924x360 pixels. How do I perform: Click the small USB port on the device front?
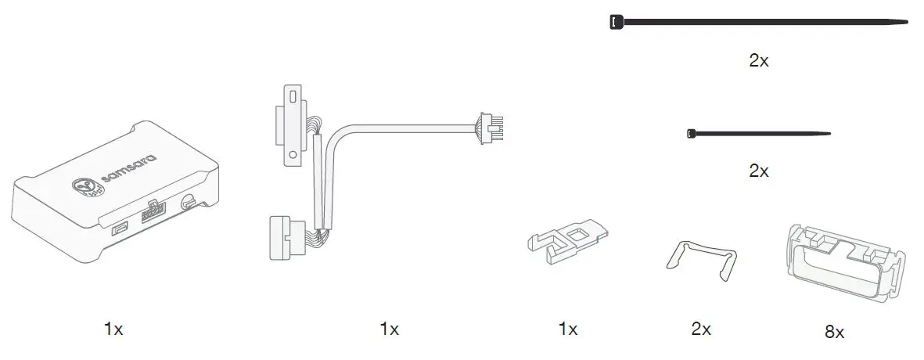click(x=120, y=229)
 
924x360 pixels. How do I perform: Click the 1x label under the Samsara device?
click(x=113, y=329)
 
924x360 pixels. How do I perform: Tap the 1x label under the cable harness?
click(x=389, y=329)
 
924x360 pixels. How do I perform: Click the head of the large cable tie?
click(x=616, y=22)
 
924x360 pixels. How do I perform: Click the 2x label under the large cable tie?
click(x=758, y=61)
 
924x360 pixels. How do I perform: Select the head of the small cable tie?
click(x=689, y=134)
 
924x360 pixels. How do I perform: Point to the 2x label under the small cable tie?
click(x=758, y=171)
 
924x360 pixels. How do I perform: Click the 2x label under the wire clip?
click(x=701, y=329)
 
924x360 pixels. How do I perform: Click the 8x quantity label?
click(x=834, y=332)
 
